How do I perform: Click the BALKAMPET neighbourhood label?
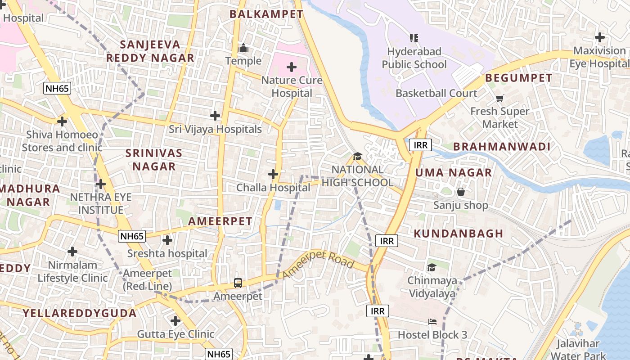266,14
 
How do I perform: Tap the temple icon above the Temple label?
243,48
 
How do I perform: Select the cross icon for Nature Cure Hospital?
292,67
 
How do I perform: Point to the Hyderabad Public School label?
414,58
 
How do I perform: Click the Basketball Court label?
436,93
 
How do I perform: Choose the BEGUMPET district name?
518,78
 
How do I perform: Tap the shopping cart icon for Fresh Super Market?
499,98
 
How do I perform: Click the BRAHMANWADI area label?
502,147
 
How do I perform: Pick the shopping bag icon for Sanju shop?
461,192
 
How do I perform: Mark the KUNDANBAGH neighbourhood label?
458,233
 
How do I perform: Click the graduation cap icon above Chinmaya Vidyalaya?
432,268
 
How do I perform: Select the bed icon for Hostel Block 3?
432,322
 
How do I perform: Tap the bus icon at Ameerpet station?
238,283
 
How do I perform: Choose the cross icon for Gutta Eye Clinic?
175,321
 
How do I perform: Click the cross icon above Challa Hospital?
273,174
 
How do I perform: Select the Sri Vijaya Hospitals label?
215,129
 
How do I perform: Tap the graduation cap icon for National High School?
357,157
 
